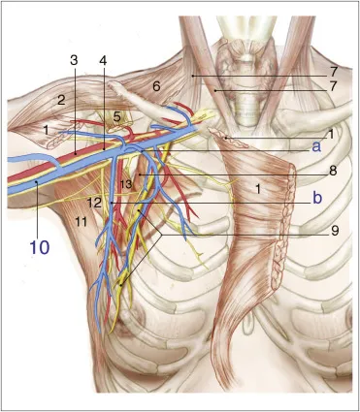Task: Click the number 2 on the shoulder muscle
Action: click(60, 100)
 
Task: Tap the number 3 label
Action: click(75, 61)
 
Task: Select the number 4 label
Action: click(103, 61)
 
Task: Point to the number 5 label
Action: click(117, 116)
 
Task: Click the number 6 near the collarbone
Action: click(156, 86)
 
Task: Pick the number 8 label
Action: click(333, 170)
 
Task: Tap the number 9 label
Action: click(333, 230)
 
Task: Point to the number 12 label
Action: click(94, 203)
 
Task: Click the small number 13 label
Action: click(125, 184)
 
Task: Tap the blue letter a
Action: click(316, 146)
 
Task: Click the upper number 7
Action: click(333, 72)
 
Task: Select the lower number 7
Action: click(333, 87)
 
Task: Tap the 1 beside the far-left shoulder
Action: click(46, 129)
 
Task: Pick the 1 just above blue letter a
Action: click(330, 134)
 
